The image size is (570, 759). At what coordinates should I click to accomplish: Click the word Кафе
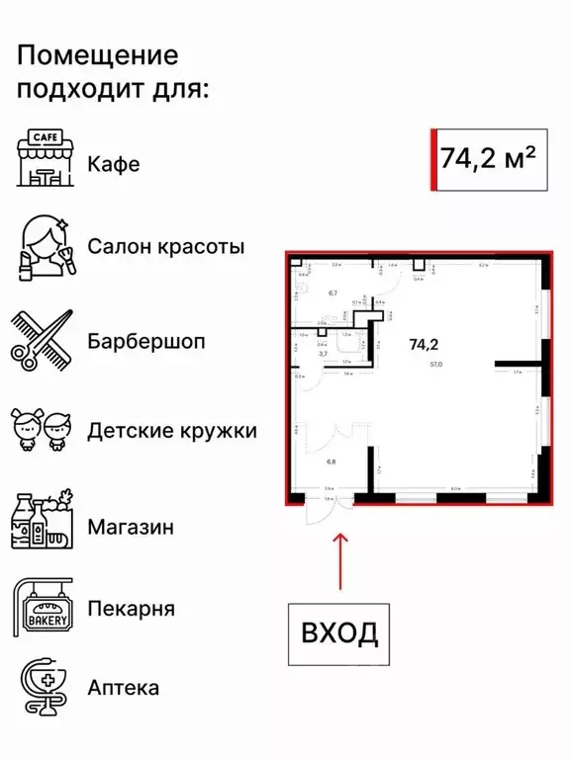coord(114,164)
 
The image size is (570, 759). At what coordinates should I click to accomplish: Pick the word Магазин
coord(132,526)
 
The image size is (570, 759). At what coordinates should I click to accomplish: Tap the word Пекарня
coord(131,608)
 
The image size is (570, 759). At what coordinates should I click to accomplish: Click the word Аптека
coord(123,687)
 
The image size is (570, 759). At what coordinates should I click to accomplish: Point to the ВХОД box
coord(337,632)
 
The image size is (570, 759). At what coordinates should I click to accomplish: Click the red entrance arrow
coord(340,564)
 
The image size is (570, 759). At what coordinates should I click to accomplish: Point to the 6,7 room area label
coord(332,293)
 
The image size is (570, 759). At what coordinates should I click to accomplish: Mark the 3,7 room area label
coord(322,353)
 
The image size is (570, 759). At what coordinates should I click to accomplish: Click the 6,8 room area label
coord(332,461)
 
